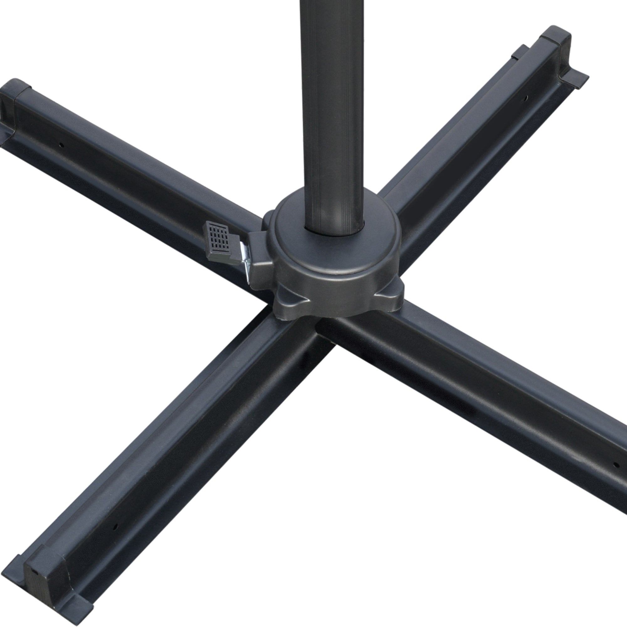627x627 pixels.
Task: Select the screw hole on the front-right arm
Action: tap(614, 465)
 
